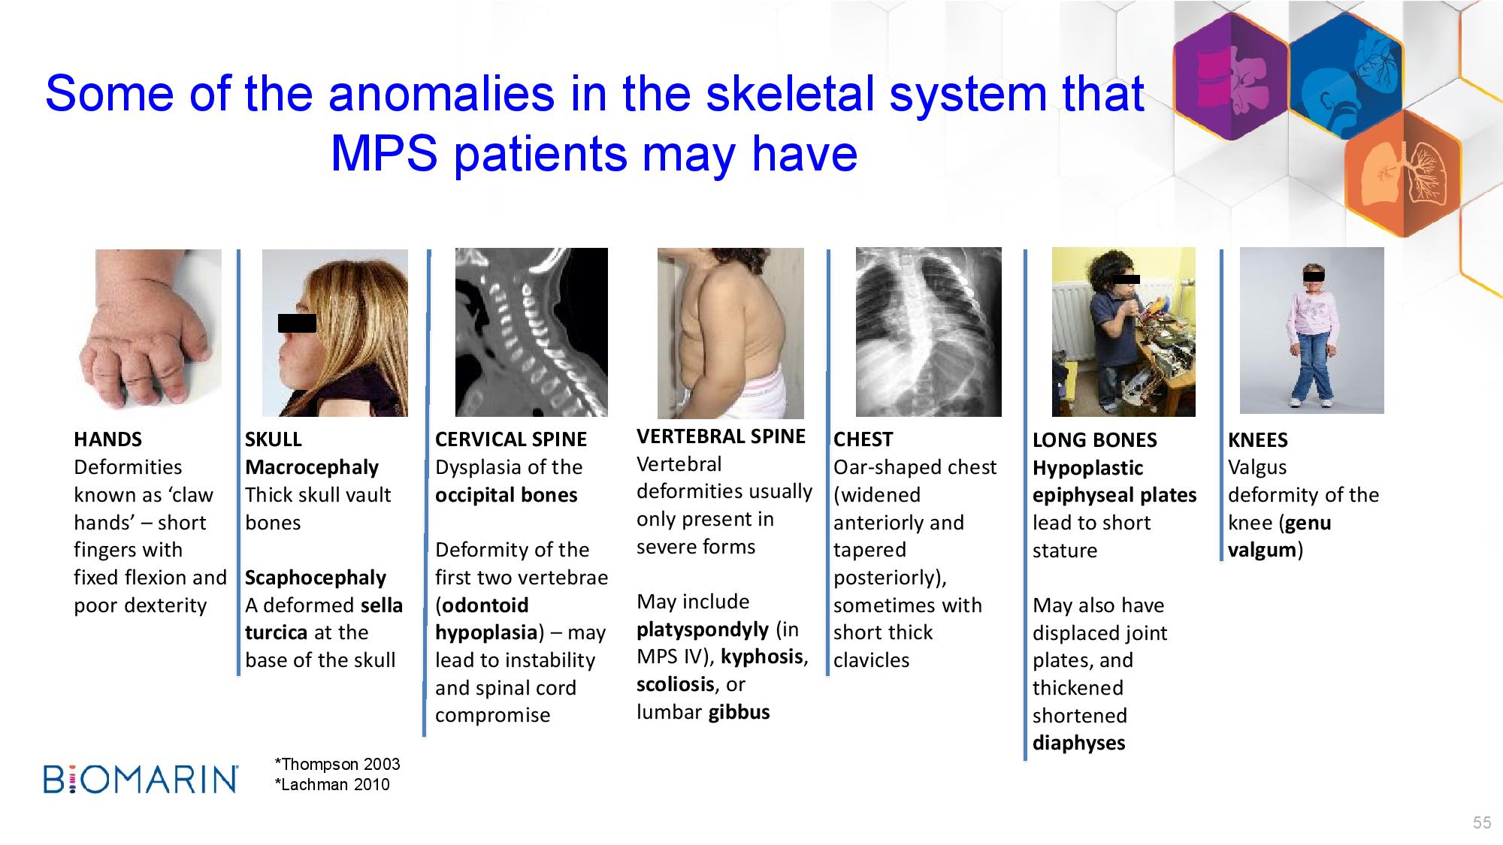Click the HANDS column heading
coord(107,439)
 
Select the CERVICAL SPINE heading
coord(511,439)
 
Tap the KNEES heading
coord(1258,440)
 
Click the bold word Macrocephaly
coord(312,468)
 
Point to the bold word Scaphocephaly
coord(316,578)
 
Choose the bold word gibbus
coord(739,712)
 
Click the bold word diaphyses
coord(1079,744)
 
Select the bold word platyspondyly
coord(703,630)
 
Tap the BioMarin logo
coord(141,780)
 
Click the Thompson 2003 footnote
coord(337,765)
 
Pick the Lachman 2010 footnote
coord(332,785)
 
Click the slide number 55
coord(1482,823)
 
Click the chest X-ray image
coord(929,332)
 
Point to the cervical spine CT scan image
coord(531,333)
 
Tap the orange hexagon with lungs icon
coord(1403,173)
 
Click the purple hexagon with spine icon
coord(1231,77)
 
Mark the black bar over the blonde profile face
coord(297,323)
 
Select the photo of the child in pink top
coord(1311,330)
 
